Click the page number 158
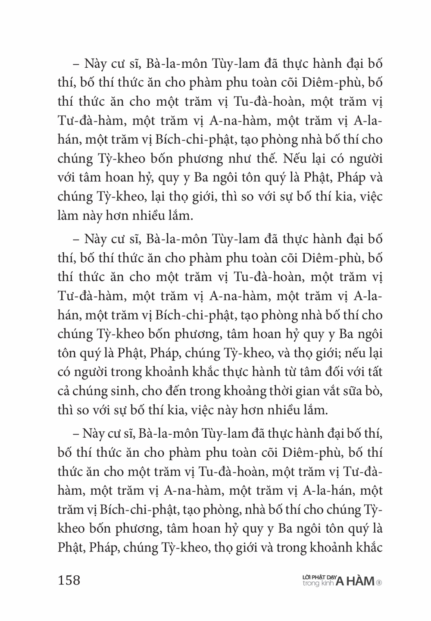[69, 580]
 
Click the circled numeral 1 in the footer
[379, 583]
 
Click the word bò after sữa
[373, 391]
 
